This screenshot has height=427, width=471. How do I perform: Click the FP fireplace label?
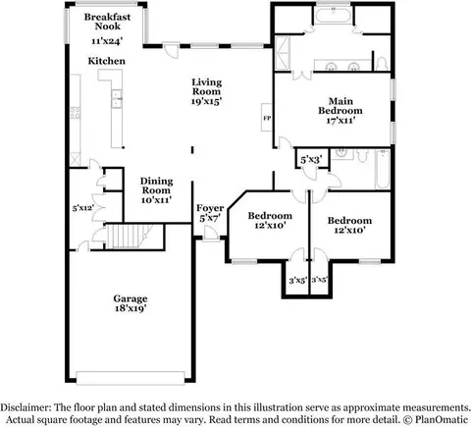(267, 118)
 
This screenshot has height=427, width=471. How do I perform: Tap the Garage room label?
(131, 298)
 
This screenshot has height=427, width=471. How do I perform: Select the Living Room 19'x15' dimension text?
(207, 101)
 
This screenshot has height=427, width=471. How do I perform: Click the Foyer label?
(210, 208)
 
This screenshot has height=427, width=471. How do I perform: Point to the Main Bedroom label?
(340, 106)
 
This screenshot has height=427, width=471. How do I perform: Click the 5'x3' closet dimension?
(312, 160)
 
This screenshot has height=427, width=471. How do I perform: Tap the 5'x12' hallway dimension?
(83, 208)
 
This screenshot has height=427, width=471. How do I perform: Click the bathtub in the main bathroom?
(334, 15)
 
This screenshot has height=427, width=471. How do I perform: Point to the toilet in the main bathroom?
(382, 64)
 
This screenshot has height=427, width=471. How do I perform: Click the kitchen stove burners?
(76, 113)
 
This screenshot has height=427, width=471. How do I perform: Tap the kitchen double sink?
(117, 98)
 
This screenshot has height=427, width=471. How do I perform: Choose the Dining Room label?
(157, 186)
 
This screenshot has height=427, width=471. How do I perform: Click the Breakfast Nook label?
(107, 22)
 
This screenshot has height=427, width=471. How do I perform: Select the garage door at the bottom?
(131, 378)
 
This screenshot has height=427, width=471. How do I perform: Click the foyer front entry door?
(210, 235)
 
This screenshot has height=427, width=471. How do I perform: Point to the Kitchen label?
(107, 61)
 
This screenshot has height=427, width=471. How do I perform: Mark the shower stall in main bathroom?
(283, 52)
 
